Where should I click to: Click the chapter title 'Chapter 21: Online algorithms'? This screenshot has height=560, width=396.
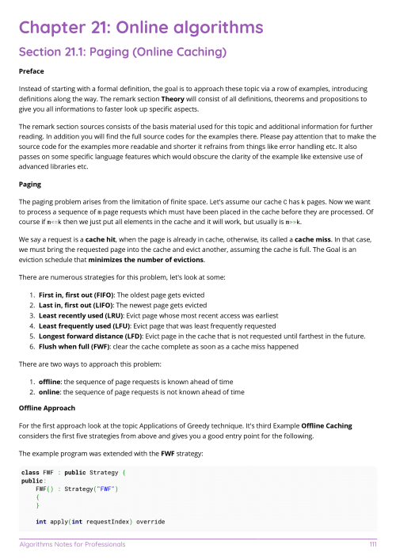[141, 29]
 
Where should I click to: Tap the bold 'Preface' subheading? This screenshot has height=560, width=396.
[32, 71]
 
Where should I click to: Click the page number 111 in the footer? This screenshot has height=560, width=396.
[372, 545]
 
